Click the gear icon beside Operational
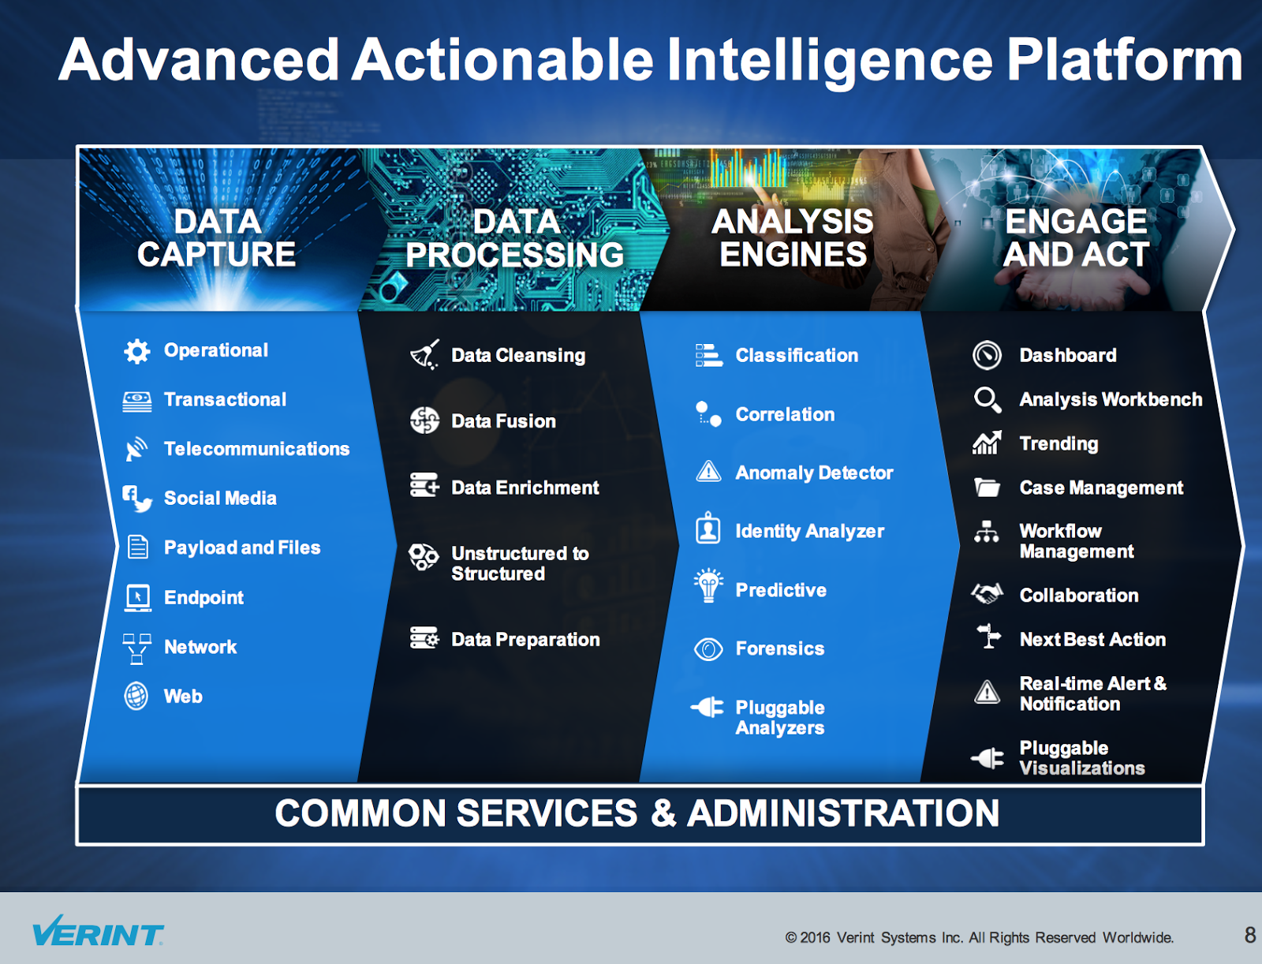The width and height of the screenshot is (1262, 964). click(x=136, y=350)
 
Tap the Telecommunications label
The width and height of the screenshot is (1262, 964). click(x=256, y=449)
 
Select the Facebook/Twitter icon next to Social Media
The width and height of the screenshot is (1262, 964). click(x=137, y=499)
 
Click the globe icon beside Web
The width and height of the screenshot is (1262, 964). click(x=136, y=696)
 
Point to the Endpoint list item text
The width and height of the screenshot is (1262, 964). click(x=203, y=598)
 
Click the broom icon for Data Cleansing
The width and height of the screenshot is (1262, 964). click(x=425, y=355)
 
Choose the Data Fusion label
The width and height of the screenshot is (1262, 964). click(x=504, y=421)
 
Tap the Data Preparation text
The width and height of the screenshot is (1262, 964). click(x=525, y=640)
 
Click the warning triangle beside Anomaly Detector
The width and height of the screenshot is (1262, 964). click(x=708, y=472)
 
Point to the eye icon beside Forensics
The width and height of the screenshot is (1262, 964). click(x=708, y=649)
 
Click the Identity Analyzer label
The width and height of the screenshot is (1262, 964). click(x=809, y=532)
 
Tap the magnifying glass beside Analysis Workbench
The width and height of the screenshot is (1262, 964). click(x=988, y=399)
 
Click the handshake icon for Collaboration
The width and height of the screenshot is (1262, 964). click(x=987, y=594)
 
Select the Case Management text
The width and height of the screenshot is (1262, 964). click(x=1101, y=488)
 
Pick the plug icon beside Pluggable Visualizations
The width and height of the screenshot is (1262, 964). click(x=988, y=759)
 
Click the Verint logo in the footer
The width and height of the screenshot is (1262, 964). click(x=98, y=931)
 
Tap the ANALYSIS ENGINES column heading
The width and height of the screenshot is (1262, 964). click(x=792, y=237)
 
